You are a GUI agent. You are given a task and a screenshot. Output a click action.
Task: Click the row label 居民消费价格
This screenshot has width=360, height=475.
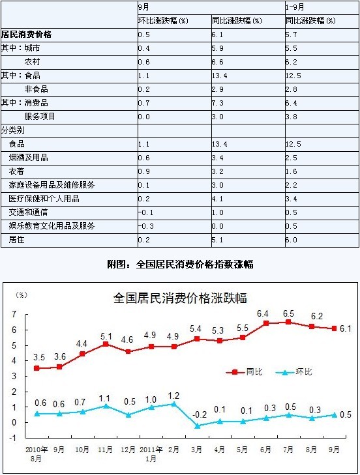tap(26, 35)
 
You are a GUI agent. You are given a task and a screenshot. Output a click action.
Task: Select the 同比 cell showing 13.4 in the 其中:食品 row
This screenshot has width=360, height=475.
tap(220, 76)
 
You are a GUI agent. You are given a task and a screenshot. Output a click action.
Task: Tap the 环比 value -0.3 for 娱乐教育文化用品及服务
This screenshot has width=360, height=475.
tap(146, 226)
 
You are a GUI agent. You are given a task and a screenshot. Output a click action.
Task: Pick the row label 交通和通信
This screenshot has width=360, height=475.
tap(28, 212)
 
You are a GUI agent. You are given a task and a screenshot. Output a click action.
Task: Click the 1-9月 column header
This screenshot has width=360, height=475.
tap(295, 7)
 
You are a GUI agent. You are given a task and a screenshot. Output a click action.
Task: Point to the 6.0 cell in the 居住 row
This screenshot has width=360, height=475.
tap(291, 240)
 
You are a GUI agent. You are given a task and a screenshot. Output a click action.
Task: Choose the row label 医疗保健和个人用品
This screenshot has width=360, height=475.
tap(44, 199)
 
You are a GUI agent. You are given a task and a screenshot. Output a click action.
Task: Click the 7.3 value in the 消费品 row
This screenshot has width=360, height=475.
tap(218, 103)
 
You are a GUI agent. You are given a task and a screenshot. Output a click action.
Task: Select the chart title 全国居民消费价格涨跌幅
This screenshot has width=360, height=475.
tap(180, 298)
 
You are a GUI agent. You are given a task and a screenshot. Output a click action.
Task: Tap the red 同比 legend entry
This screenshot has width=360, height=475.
tap(244, 371)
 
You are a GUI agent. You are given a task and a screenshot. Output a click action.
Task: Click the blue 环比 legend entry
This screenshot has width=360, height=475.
tap(293, 371)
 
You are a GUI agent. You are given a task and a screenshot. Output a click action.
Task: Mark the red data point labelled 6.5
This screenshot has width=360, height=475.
tap(288, 322)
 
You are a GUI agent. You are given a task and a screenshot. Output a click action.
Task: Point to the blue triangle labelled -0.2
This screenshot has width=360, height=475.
tap(198, 425)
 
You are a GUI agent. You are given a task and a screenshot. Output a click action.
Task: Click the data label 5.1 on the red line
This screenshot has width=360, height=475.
tap(106, 336)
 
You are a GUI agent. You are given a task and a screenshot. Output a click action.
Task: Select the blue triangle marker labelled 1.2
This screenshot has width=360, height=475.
tap(174, 404)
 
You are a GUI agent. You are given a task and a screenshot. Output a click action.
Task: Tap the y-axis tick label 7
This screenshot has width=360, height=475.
tap(14, 314)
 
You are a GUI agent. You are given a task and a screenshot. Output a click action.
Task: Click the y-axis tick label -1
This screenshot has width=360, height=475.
tap(13, 438)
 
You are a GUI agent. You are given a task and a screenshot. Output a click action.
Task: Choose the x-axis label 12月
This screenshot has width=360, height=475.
tap(128, 450)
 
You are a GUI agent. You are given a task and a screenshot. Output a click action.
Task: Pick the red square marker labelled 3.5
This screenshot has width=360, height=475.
tap(37, 368)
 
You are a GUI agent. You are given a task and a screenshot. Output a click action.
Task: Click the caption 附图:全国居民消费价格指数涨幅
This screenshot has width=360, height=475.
tap(180, 265)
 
